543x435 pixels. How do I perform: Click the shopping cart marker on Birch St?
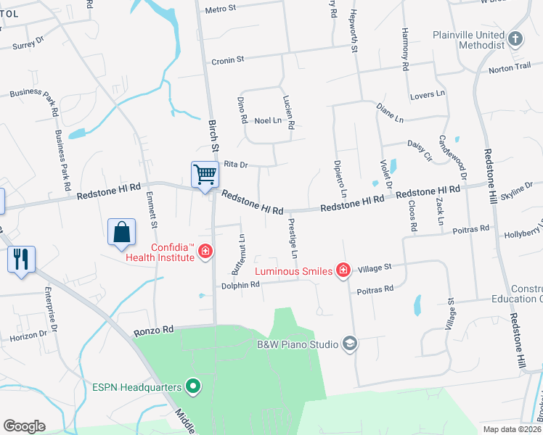pos(205,175)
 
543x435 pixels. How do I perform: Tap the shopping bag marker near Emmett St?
pos(122,232)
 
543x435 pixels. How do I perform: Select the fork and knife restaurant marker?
pos(20,258)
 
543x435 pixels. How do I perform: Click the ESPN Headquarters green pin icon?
pos(192,386)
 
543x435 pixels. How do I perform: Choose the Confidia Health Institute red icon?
pos(205,251)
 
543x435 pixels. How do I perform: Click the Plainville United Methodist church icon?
pos(515,38)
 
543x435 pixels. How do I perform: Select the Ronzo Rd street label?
pos(154,331)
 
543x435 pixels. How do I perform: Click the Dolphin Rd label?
pos(240,285)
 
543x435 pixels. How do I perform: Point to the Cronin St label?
pos(228,60)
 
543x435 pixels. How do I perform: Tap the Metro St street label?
pos(221,10)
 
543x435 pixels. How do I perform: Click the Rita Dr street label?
pos(236,165)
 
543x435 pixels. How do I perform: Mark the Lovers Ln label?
pos(427,94)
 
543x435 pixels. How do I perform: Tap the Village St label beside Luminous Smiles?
pos(374,268)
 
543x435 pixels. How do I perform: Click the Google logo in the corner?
pos(24,426)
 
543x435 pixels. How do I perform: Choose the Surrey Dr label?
pos(28,46)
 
